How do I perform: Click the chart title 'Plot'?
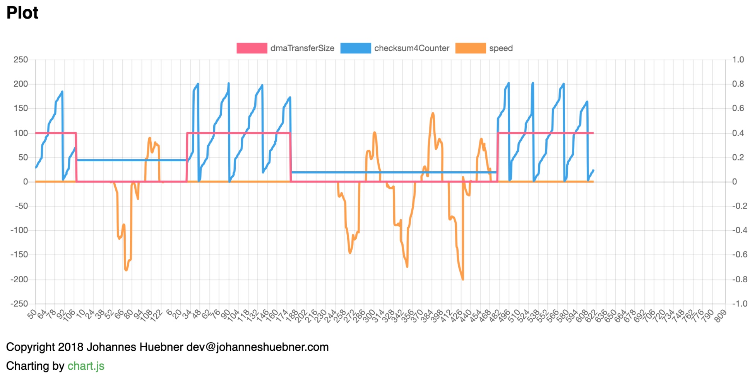[22, 13]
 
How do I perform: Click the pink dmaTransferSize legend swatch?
[252, 48]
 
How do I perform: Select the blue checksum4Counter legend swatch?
[355, 48]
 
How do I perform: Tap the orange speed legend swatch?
[470, 48]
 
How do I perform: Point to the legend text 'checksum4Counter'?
[411, 48]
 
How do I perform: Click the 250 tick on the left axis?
[21, 60]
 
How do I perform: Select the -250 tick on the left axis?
[19, 304]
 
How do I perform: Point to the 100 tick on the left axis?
[21, 133]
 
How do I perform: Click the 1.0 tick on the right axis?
[738, 60]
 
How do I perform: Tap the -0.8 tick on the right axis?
[739, 279]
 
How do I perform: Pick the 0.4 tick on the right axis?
[738, 133]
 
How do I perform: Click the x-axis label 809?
[720, 316]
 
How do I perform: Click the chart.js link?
[86, 366]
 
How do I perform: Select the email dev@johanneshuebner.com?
[257, 347]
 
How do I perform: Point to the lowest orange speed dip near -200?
[462, 279]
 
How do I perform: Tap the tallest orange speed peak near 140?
[433, 113]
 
